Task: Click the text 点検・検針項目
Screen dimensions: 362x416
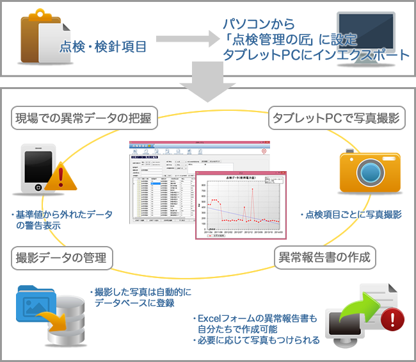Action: [102, 46]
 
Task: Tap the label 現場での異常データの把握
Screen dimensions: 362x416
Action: [81, 118]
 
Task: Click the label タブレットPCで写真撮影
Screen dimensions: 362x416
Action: [336, 118]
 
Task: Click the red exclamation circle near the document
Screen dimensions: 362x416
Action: [395, 316]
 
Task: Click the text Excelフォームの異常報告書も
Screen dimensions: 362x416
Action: [256, 318]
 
